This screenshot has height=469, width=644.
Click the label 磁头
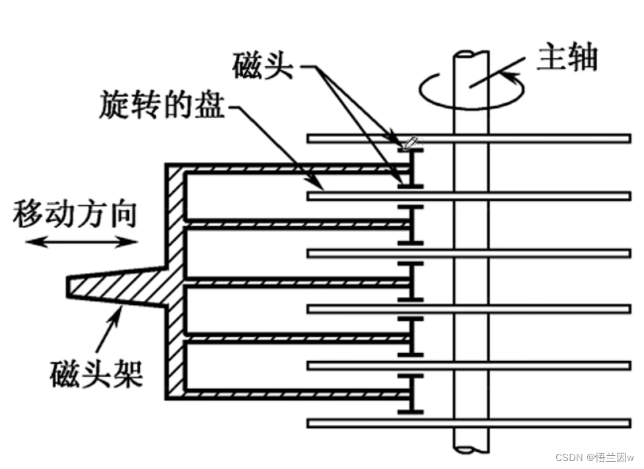(262, 67)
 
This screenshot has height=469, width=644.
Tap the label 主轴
(567, 58)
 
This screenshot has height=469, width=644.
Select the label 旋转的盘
(163, 105)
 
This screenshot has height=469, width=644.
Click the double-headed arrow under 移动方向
(82, 242)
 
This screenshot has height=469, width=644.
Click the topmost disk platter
(528, 138)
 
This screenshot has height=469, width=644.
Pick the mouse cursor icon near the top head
(411, 143)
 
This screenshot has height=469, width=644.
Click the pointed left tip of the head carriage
(70, 286)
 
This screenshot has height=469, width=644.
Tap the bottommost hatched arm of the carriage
(291, 394)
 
